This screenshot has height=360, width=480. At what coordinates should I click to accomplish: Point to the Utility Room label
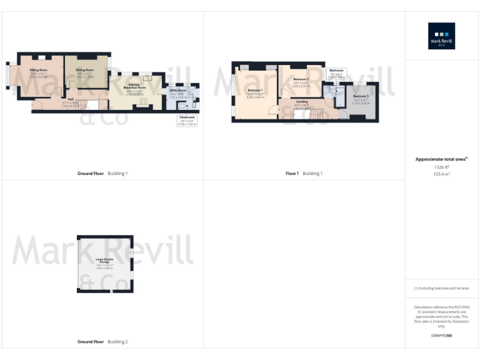[177, 91]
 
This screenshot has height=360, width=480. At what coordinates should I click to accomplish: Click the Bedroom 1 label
[255, 91]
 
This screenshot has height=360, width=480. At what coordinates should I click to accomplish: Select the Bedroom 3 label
[361, 96]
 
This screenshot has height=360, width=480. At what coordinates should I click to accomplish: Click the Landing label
[301, 101]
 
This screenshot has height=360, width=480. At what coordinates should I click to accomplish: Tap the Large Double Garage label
[104, 260]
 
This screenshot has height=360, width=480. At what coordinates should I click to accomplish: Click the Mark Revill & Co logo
[441, 36]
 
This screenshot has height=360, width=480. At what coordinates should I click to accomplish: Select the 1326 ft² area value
[441, 167]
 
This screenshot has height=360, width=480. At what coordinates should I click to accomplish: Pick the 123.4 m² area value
[441, 174]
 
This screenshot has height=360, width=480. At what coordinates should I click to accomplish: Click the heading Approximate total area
[441, 159]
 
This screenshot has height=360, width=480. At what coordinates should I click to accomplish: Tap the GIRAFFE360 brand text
[441, 336]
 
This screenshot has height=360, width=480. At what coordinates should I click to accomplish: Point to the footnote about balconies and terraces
[441, 288]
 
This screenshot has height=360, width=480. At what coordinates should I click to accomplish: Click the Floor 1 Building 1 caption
[304, 173]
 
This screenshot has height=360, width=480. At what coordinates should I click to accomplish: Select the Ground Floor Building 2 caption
[102, 342]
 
